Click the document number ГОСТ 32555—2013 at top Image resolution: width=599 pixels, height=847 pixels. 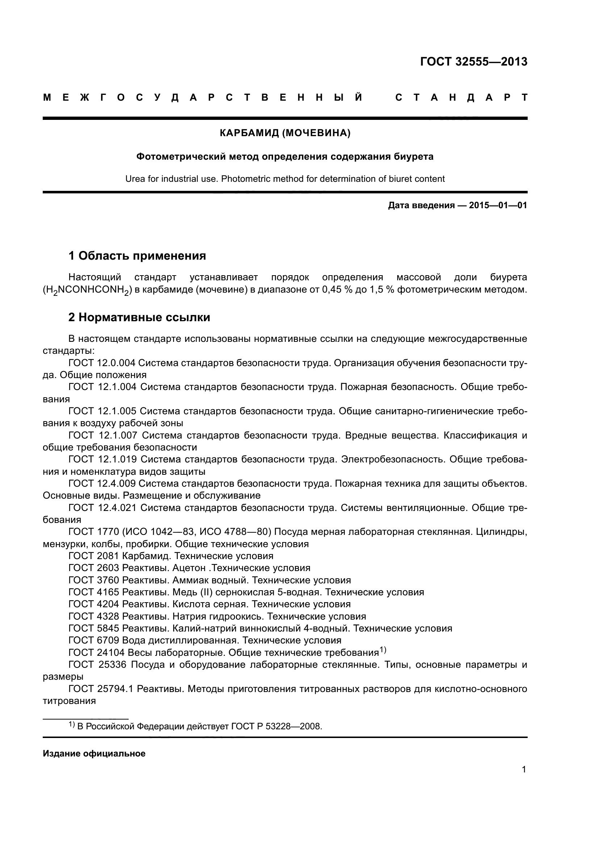pos(474,62)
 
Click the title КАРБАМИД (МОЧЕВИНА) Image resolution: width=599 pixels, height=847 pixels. pos(285,133)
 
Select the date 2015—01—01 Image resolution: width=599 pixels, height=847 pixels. pos(498,205)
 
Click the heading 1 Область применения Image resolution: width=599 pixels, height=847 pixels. pos(137,255)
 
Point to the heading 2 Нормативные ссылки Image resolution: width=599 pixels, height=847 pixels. pos(139,317)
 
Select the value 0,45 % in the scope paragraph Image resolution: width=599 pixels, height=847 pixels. pos(335,290)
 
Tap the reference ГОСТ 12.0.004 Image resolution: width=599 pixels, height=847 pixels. pos(102,363)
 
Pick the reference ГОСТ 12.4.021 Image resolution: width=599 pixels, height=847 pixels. pos(102,508)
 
